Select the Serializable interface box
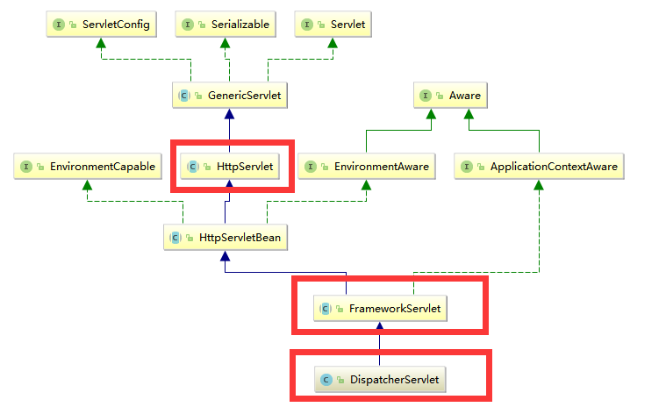[x=226, y=25]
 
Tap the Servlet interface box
[x=332, y=25]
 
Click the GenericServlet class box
[x=229, y=95]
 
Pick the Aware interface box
[x=449, y=95]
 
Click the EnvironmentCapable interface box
[x=87, y=166]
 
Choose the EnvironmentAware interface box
[x=366, y=166]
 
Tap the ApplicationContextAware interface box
[x=539, y=166]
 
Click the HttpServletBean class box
[x=226, y=237]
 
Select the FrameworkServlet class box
[x=379, y=308]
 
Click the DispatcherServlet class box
[x=380, y=380]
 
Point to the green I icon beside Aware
[x=426, y=96]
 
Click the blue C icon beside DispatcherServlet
[x=326, y=380]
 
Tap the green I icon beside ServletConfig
[x=60, y=25]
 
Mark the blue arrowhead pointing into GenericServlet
[x=229, y=114]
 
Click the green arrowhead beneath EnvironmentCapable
[x=87, y=185]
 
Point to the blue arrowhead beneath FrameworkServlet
[x=379, y=327]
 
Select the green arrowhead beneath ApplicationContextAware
[x=539, y=185]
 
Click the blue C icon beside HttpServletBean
[x=175, y=237]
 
